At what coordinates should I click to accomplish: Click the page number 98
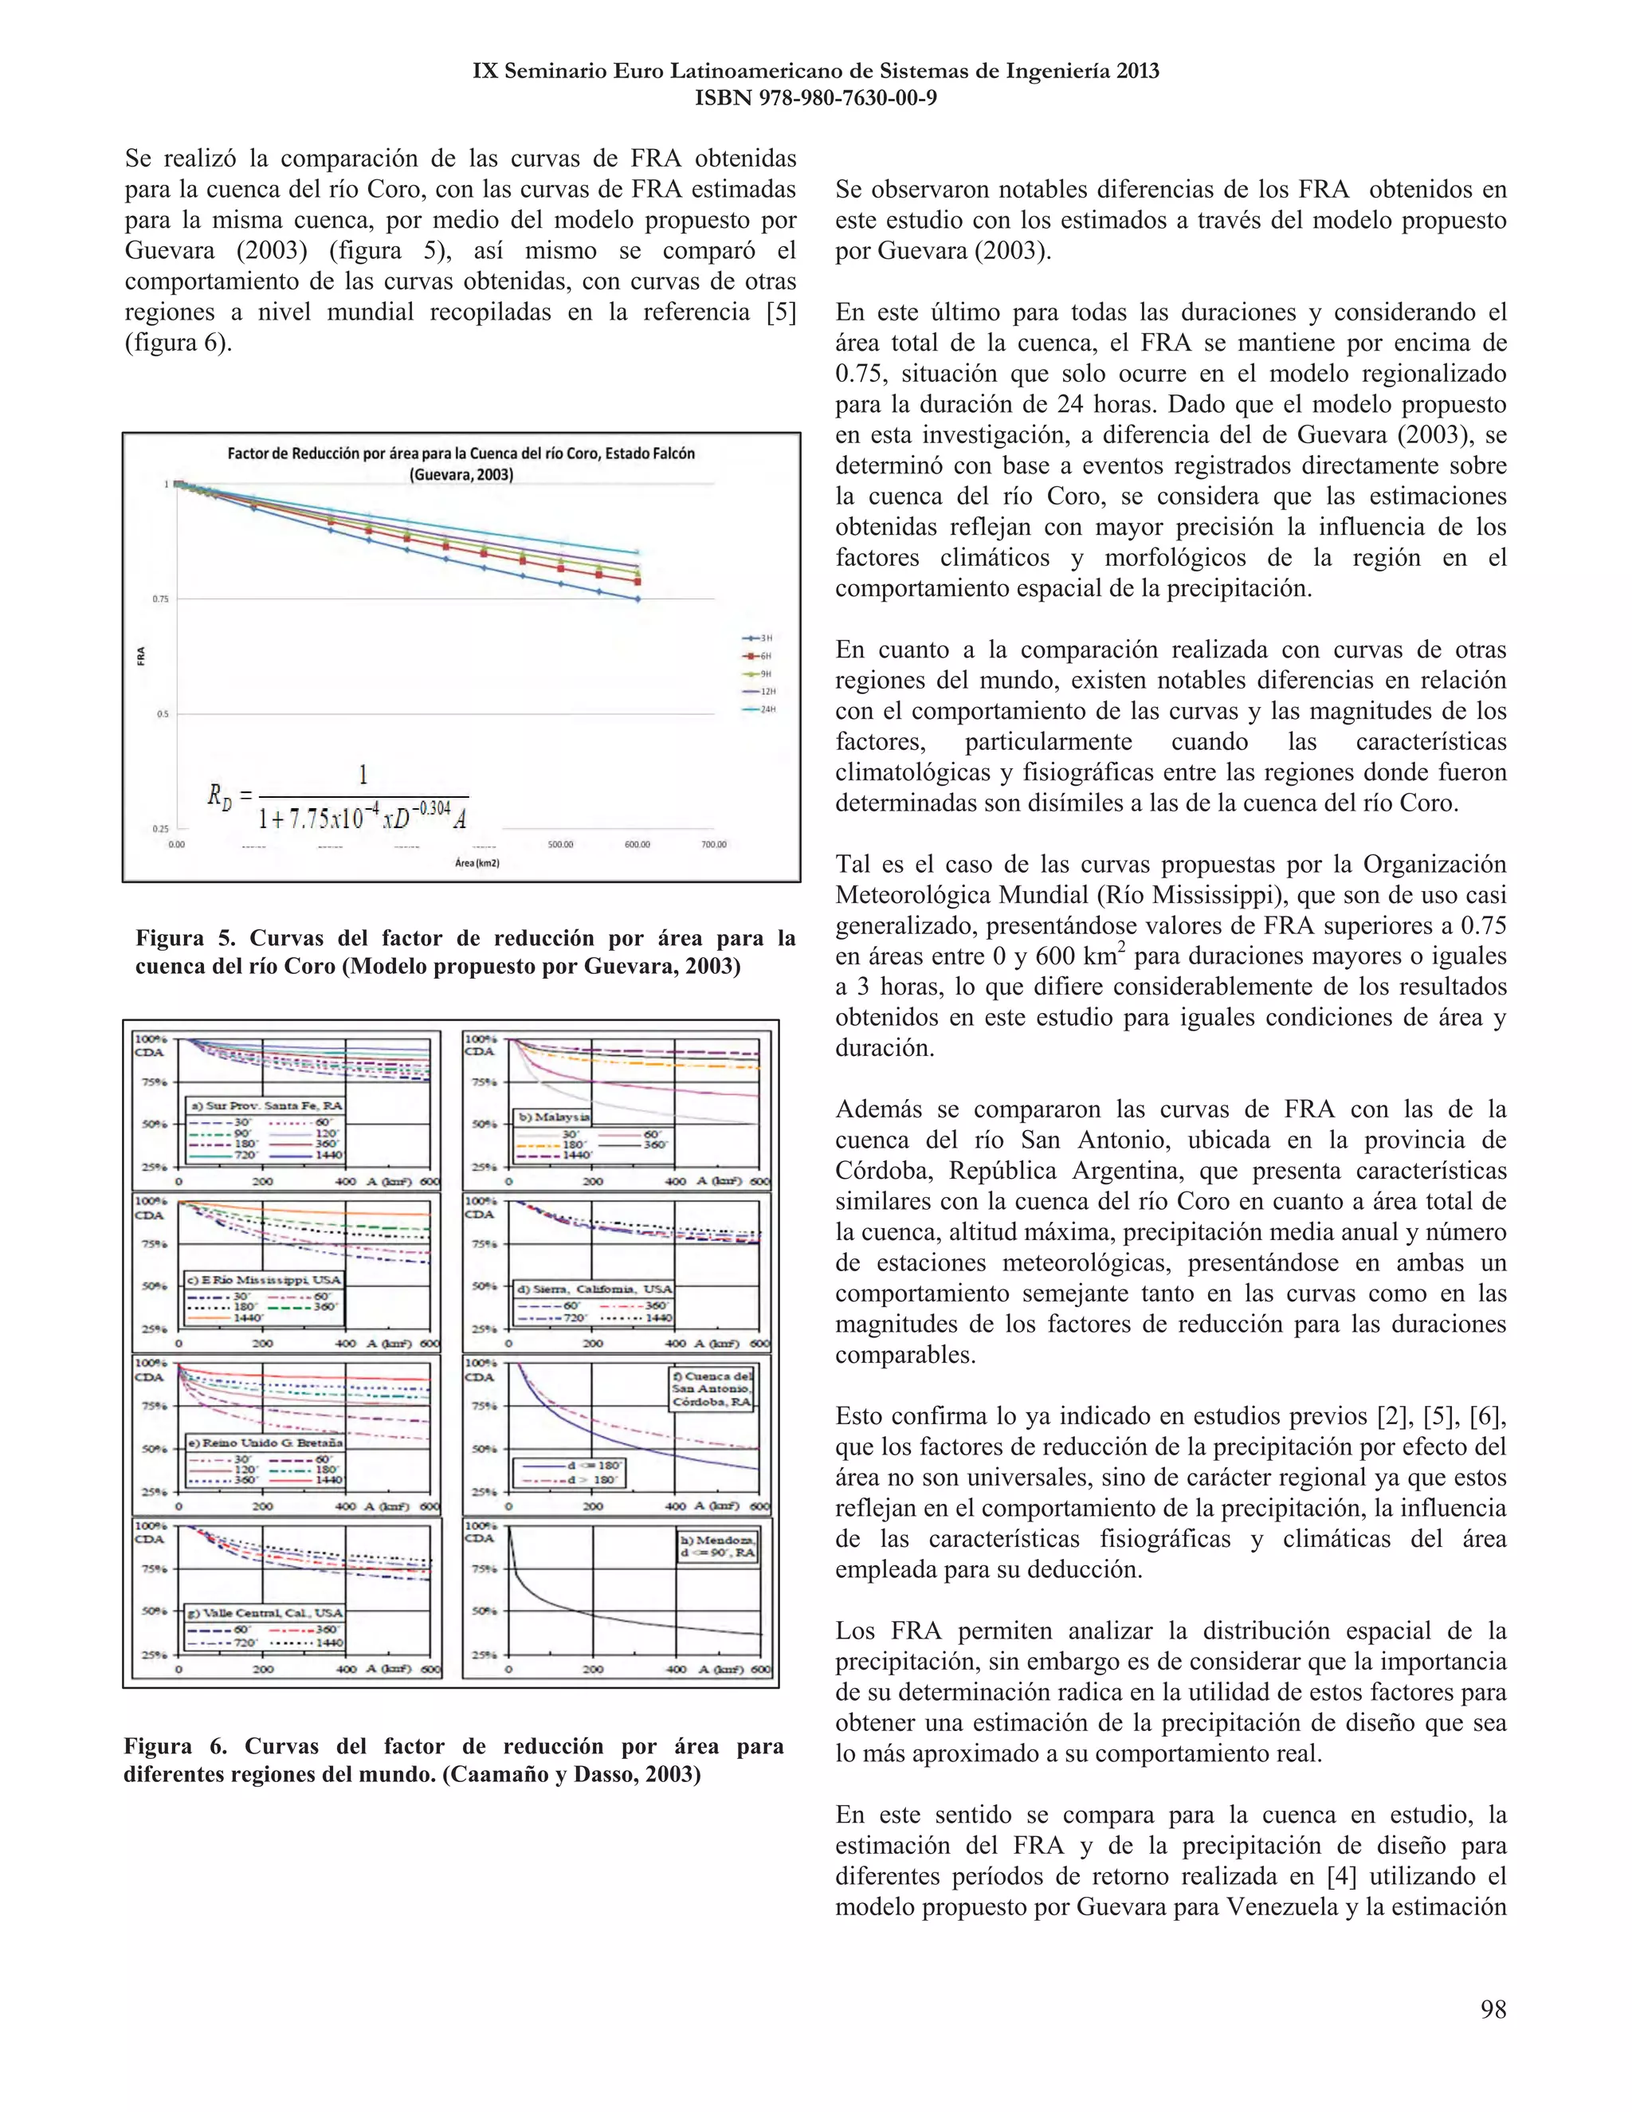point(1493,2009)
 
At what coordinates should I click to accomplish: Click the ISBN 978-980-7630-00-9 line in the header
point(815,98)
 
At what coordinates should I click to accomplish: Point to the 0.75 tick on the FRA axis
point(159,599)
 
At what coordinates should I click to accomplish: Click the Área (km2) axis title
point(477,862)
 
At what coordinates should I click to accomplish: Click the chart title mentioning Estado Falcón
point(461,463)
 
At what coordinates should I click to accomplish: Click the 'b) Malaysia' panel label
point(554,1116)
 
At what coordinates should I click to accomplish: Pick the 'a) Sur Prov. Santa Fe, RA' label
point(265,1105)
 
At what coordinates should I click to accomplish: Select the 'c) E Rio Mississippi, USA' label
point(264,1279)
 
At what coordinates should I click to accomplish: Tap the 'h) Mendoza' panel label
point(718,1545)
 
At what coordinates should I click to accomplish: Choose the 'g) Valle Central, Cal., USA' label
point(264,1613)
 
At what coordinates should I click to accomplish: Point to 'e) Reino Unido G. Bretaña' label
point(264,1442)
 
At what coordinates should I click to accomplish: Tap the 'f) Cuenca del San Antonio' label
point(712,1388)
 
